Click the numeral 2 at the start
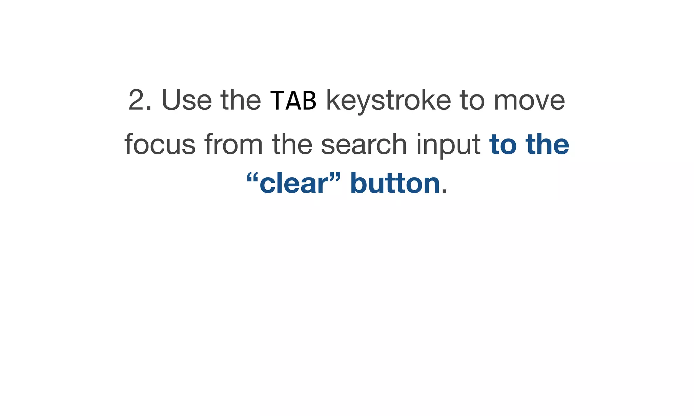click(x=137, y=100)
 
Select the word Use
click(x=187, y=100)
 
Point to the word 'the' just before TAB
click(x=241, y=100)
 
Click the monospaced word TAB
click(x=293, y=101)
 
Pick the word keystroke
click(x=388, y=101)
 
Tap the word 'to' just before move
click(x=472, y=101)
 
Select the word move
click(x=529, y=101)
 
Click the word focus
click(x=160, y=144)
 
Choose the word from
click(x=233, y=144)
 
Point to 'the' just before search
click(x=292, y=144)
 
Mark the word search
click(x=364, y=144)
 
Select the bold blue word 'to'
click(x=503, y=144)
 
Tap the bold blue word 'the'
click(x=547, y=144)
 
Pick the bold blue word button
click(x=395, y=183)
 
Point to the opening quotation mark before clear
click(x=252, y=177)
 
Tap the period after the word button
click(x=445, y=192)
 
